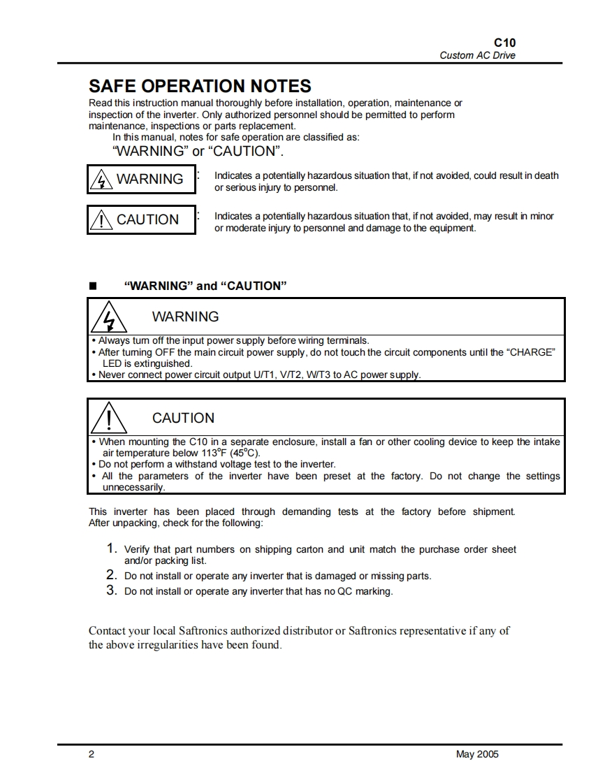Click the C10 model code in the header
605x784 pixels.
pyautogui.click(x=505, y=43)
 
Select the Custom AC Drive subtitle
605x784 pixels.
pyautogui.click(x=477, y=55)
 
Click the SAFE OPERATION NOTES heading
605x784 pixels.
pyautogui.click(x=200, y=86)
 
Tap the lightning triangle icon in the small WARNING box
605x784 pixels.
pyautogui.click(x=102, y=180)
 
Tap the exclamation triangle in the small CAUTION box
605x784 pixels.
pyautogui.click(x=102, y=220)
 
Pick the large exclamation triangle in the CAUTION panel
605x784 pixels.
pyautogui.click(x=108, y=419)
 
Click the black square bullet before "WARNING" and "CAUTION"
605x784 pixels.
pyautogui.click(x=92, y=286)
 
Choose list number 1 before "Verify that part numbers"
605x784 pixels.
pyautogui.click(x=111, y=549)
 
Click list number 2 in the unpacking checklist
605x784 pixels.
pyautogui.click(x=111, y=575)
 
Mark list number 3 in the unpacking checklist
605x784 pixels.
pyautogui.click(x=111, y=590)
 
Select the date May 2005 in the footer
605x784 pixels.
pyautogui.click(x=477, y=754)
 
